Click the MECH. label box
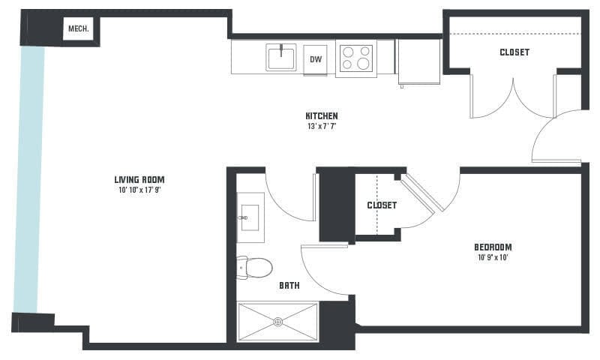pos(78,28)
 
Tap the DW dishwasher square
pos(316,60)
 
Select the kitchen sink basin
pos(281,58)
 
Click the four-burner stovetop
pos(355,58)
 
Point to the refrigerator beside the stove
pos(419,61)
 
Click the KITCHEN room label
pos(322,116)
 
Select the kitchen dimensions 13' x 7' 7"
pos(322,126)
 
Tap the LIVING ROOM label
pos(139,179)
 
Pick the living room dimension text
pos(139,190)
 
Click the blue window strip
pos(29,179)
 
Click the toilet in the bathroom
pos(254,267)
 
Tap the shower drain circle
pos(278,322)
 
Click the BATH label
pos(289,286)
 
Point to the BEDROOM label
pos(493,247)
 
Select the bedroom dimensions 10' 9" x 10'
pos(493,257)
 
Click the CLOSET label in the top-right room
pos(514,52)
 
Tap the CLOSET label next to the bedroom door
pos(382,205)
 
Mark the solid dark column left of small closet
pos(336,205)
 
